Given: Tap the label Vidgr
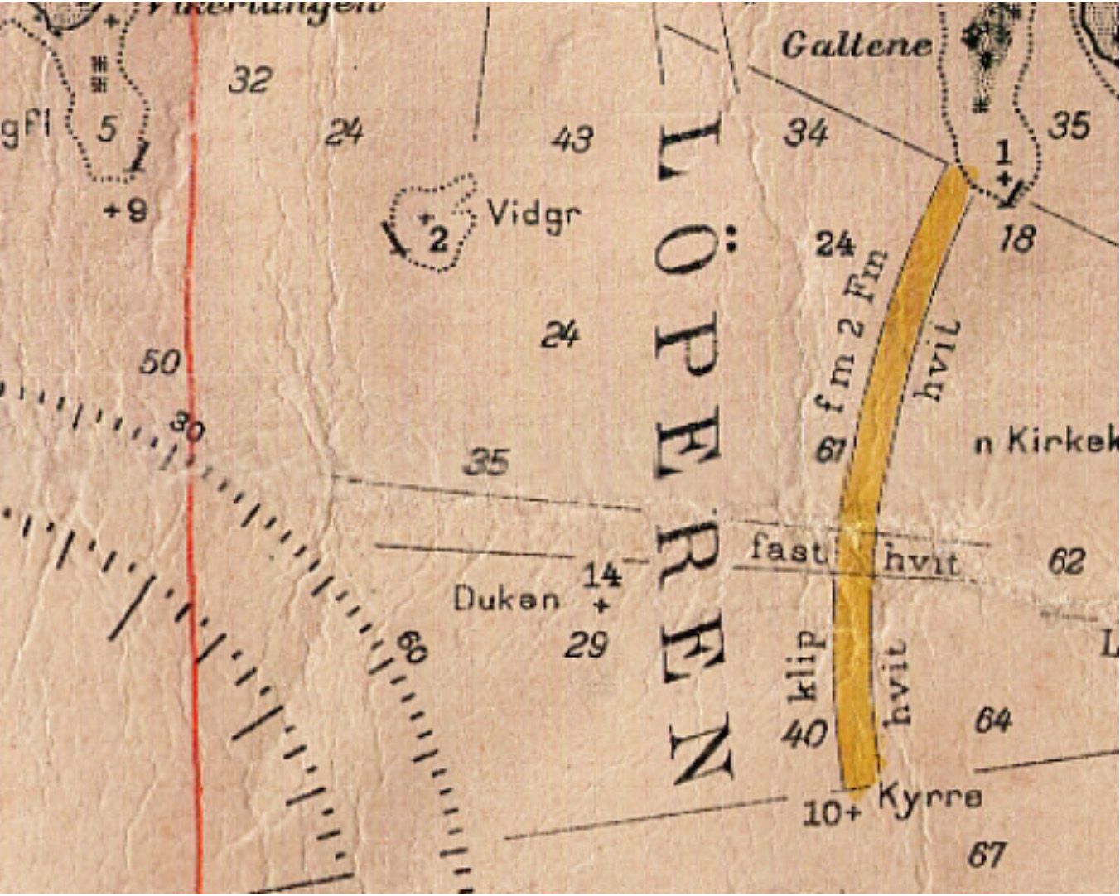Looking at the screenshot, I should coord(533,214).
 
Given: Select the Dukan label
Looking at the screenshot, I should coord(506,599).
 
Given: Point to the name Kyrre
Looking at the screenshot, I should coord(929,796).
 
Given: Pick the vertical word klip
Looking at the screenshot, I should coord(806,666).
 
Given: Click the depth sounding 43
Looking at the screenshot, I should coord(572,138).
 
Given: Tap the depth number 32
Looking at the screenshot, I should coord(250,80).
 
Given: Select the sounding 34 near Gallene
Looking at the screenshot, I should coord(805,132).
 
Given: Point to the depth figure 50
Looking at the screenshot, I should coord(160,362).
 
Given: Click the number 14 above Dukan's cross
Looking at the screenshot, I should coord(601,574).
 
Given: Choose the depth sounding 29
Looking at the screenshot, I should coord(587,644).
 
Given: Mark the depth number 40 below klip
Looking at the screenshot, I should coord(804,733).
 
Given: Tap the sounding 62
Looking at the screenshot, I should coord(1066,561).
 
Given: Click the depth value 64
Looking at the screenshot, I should coord(993,720).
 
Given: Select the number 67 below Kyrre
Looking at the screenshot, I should coord(987,854).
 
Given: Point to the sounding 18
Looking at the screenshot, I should coord(1017,238).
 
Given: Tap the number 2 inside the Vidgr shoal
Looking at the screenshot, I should coord(438,239).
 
